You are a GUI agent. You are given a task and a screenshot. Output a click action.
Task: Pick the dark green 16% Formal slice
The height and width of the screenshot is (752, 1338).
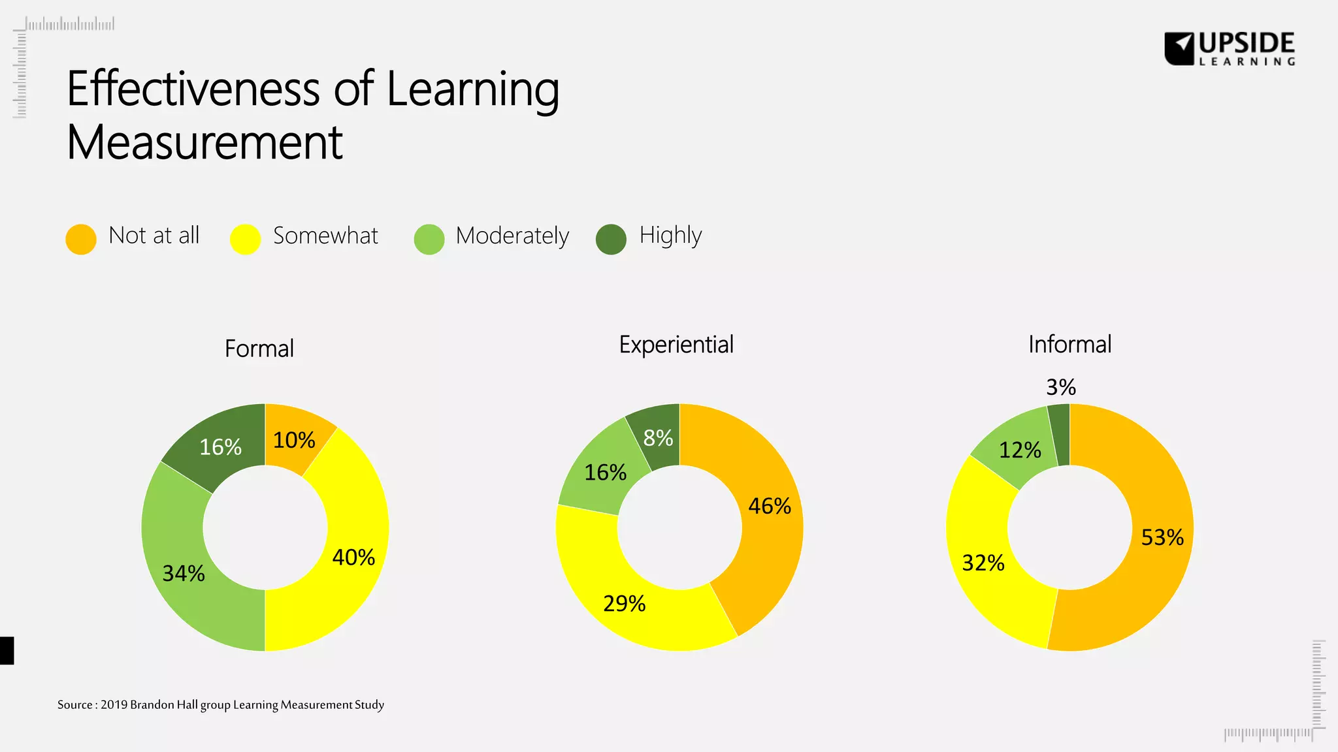pyautogui.click(x=220, y=446)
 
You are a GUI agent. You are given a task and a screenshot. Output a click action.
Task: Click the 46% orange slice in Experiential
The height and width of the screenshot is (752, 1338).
pyautogui.click(x=770, y=506)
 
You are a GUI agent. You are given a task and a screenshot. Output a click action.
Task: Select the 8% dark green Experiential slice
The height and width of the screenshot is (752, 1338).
pyautogui.click(x=658, y=437)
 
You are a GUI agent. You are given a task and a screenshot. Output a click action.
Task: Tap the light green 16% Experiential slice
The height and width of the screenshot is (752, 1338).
pyautogui.click(x=605, y=471)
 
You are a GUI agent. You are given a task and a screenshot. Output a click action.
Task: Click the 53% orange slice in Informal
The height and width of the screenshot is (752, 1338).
pyautogui.click(x=1162, y=537)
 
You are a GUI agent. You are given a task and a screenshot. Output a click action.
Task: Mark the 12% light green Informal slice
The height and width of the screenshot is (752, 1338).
pyautogui.click(x=1019, y=449)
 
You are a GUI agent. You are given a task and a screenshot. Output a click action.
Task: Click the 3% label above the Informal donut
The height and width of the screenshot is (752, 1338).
pyautogui.click(x=1060, y=387)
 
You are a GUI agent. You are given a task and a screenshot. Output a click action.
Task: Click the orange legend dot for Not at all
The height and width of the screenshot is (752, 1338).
pyautogui.click(x=81, y=239)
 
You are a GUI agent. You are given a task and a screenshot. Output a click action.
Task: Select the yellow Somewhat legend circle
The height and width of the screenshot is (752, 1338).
pyautogui.click(x=246, y=239)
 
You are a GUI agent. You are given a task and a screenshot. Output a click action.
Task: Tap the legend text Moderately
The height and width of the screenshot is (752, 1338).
pyautogui.click(x=512, y=236)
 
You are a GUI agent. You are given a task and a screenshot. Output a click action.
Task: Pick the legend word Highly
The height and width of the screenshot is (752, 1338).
pyautogui.click(x=670, y=236)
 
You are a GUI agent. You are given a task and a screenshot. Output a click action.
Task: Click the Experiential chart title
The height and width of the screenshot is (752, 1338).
pyautogui.click(x=676, y=345)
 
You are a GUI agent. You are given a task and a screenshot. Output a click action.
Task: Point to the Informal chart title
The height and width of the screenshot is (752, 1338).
pyautogui.click(x=1069, y=344)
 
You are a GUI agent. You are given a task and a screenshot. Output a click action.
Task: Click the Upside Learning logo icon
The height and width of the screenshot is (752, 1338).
pyautogui.click(x=1179, y=49)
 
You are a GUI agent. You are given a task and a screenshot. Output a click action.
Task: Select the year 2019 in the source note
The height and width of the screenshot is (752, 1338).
pyautogui.click(x=114, y=704)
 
